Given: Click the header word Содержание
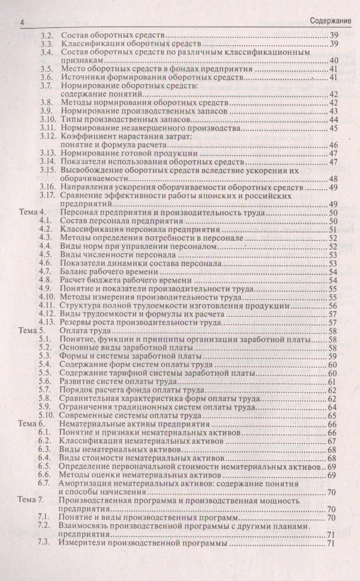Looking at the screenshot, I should click(x=331, y=21).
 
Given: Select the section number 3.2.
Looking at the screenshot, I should click(x=48, y=36).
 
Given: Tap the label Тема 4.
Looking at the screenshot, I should click(x=32, y=213).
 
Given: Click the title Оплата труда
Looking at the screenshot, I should click(x=85, y=331).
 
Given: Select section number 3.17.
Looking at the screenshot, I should click(x=47, y=195).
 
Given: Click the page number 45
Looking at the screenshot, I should click(x=333, y=128).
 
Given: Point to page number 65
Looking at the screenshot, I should click(x=332, y=416).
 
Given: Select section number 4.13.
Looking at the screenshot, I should click(x=47, y=322).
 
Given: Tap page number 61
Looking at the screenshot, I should click(x=332, y=382).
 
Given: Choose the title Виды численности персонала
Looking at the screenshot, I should click(x=118, y=255).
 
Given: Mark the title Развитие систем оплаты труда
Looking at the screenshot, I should click(x=118, y=382).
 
